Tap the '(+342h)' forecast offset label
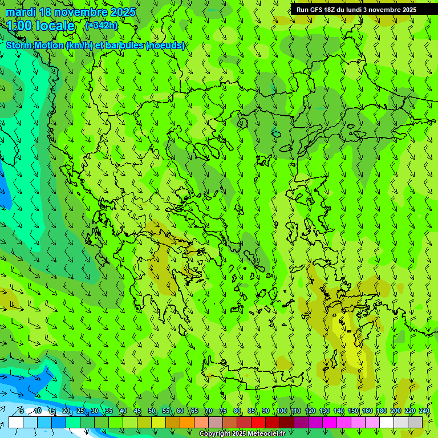[101, 26]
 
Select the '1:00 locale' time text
[40, 26]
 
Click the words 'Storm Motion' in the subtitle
[35, 46]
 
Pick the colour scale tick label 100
[281, 411]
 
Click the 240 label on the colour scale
[424, 411]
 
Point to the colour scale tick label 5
[22, 411]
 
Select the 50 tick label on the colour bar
[152, 411]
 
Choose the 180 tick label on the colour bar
[381, 411]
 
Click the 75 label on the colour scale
[223, 411]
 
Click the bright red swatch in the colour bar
[258, 423]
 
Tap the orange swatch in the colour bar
[187, 423]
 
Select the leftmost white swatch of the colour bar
[16, 423]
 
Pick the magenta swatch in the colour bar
[330, 423]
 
